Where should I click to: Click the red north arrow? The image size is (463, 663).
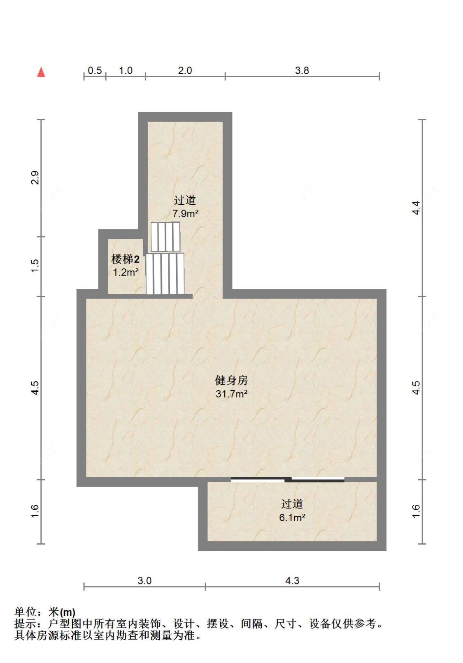[41, 72]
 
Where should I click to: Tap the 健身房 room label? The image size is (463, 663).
[231, 380]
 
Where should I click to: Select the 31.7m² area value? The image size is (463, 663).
[231, 394]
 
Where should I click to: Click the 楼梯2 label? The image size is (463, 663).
[126, 259]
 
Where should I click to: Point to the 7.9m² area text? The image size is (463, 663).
[185, 214]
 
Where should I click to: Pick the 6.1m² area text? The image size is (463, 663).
[292, 517]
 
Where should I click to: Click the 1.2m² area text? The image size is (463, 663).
[126, 272]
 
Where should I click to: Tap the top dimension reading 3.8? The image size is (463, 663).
[302, 70]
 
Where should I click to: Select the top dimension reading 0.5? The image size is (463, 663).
[95, 70]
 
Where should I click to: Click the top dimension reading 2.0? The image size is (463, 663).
[185, 70]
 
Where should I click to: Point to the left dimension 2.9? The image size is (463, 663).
[35, 177]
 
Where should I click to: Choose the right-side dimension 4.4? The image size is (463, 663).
[416, 208]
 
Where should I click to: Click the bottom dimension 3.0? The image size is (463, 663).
[144, 580]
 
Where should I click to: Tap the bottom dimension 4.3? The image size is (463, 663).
[292, 580]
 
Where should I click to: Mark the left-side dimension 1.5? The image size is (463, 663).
[35, 265]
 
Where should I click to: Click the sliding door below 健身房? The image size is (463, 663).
[288, 479]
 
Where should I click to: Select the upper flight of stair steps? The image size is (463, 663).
[165, 237]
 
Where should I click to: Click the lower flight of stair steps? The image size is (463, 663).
[165, 274]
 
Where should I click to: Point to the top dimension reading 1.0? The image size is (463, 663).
[126, 70]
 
